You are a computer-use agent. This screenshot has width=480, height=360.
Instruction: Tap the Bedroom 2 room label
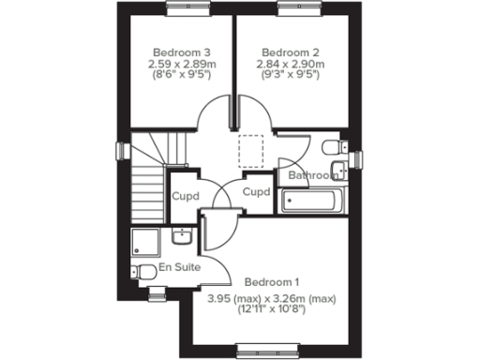pyautogui.click(x=284, y=52)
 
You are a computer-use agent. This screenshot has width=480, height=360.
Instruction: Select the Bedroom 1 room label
pyautogui.click(x=272, y=282)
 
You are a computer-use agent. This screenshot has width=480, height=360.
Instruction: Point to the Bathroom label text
pyautogui.click(x=311, y=175)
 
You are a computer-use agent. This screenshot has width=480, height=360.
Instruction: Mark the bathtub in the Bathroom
pyautogui.click(x=310, y=200)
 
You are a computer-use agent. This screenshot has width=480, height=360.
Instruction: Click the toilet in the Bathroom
pyautogui.click(x=332, y=148)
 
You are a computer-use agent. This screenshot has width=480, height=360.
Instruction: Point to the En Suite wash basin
pyautogui.click(x=184, y=237)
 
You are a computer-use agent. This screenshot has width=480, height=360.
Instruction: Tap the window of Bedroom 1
pyautogui.click(x=263, y=352)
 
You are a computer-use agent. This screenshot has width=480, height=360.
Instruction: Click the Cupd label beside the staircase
pyautogui.click(x=184, y=197)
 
